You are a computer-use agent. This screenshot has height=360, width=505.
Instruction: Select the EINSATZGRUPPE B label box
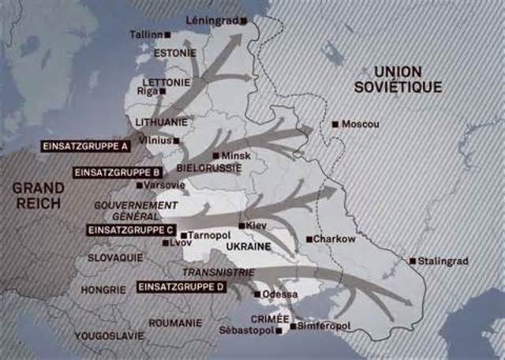point(117,171)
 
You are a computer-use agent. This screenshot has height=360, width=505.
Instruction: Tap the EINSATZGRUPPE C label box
point(129,230)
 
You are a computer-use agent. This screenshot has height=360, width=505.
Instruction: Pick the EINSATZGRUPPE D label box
point(181,287)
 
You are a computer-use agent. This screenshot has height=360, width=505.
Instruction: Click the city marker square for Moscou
point(335,124)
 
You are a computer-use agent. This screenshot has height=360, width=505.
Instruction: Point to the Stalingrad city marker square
point(413,261)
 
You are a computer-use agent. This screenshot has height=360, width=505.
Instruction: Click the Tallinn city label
point(148,35)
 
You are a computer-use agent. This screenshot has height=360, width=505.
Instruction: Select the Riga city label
point(148,91)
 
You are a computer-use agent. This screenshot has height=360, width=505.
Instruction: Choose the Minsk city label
point(236,156)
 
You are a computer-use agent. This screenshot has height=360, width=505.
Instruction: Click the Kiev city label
point(256,226)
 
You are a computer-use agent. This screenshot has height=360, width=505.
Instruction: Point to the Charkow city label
point(335,238)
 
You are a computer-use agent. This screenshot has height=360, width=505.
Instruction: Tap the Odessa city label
point(280,294)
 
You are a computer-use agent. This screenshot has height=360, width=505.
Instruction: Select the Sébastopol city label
point(250,330)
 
